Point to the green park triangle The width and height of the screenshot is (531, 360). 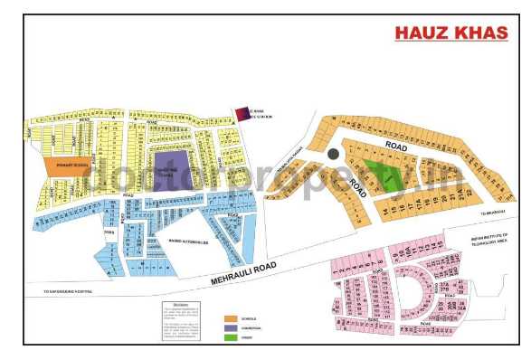(379, 170)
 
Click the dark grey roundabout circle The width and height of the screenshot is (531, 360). (333, 155)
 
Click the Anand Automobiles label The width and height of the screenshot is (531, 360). (188, 242)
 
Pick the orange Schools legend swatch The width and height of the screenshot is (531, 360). (231, 319)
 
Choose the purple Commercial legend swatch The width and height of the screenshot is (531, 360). (231, 328)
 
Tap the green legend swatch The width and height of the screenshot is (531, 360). (231, 337)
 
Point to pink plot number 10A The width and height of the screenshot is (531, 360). (406, 252)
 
